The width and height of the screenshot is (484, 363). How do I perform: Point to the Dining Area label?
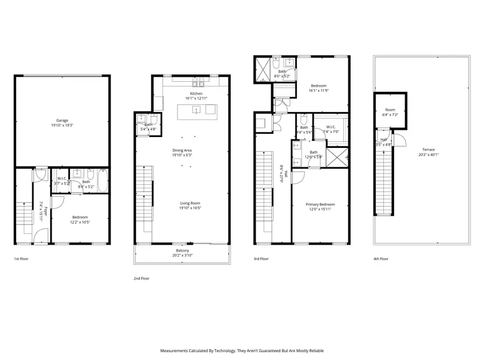click(x=181, y=150)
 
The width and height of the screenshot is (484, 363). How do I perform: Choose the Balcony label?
click(x=182, y=251)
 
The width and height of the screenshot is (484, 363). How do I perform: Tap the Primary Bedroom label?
click(x=320, y=204)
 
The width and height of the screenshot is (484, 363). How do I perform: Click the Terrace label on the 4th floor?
click(x=428, y=150)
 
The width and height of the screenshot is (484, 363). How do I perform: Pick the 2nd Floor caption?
click(x=141, y=278)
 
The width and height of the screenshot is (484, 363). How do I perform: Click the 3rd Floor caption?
click(x=261, y=259)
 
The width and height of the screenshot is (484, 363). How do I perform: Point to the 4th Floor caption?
click(x=381, y=259)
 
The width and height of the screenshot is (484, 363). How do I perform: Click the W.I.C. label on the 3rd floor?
click(x=331, y=127)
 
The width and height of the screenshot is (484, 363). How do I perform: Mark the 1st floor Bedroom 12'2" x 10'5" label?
click(x=80, y=219)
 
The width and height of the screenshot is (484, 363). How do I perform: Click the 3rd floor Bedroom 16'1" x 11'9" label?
click(x=318, y=88)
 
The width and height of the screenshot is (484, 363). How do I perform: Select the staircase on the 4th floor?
click(x=383, y=183)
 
